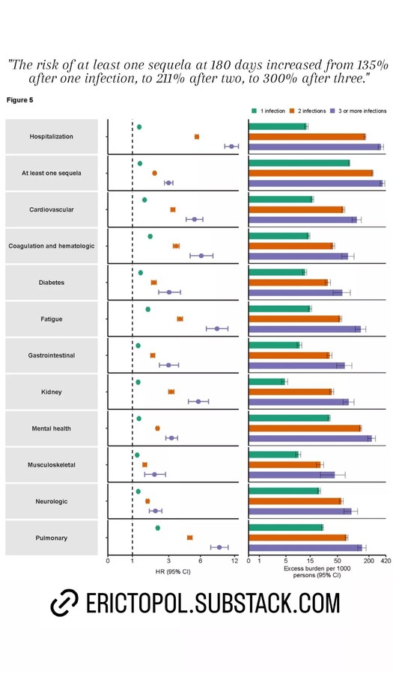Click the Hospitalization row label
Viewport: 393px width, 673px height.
point(51,137)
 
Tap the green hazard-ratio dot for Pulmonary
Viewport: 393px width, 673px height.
point(158,528)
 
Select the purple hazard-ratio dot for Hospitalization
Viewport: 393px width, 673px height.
point(231,147)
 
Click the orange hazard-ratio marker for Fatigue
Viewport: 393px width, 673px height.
point(180,319)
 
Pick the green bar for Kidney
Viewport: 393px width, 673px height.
point(266,381)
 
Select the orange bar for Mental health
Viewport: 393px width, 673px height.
point(305,428)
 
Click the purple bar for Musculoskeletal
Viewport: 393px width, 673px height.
point(292,475)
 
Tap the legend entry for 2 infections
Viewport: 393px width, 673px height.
point(308,111)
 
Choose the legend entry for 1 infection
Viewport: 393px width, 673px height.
point(268,111)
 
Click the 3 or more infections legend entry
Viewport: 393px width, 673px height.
point(359,111)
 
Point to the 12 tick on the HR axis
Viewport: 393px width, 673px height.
point(234,561)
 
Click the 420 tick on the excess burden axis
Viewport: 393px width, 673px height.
point(386,561)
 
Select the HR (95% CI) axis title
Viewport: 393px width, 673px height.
point(173,572)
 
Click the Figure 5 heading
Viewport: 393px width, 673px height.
point(19,100)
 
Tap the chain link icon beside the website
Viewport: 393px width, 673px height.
point(64,603)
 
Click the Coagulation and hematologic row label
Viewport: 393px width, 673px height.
point(51,246)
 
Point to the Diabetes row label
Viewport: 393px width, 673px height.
point(51,283)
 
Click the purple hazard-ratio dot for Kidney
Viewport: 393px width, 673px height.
point(198,402)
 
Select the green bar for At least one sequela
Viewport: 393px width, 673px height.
point(299,163)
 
